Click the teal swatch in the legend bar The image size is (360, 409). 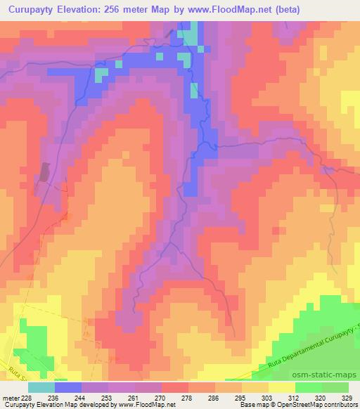[x=41, y=387]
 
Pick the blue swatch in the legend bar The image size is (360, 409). [x=67, y=387]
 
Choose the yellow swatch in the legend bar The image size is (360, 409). [x=281, y=387]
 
